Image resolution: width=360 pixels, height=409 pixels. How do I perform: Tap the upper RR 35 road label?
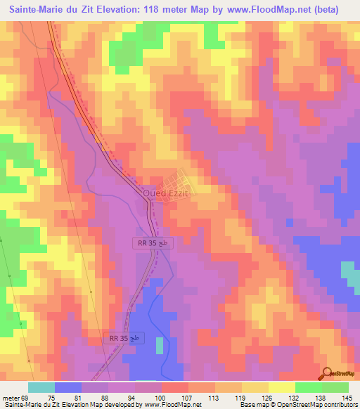(x=152, y=242)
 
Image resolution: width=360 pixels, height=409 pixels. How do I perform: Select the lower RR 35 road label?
(x=126, y=338)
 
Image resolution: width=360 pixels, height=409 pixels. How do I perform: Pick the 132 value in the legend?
(x=296, y=398)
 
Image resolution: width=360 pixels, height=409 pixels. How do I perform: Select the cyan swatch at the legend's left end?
(x=41, y=387)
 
